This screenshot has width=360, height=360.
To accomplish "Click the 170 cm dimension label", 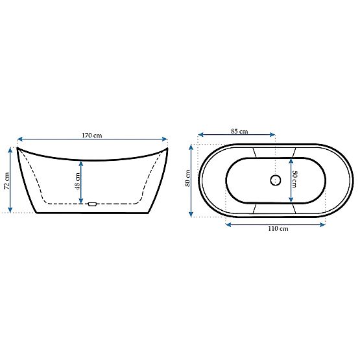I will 91,135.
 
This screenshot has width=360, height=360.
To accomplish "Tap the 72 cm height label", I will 6,178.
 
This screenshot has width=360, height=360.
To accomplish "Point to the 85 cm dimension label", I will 239,132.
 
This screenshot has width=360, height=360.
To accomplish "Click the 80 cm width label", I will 187,178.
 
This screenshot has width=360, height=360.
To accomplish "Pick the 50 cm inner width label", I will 293,179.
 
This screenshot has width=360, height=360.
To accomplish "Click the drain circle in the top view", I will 275,180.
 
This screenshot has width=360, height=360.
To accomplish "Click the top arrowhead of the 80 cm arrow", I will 192,145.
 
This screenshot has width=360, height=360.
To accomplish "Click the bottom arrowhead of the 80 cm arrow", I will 192,214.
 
